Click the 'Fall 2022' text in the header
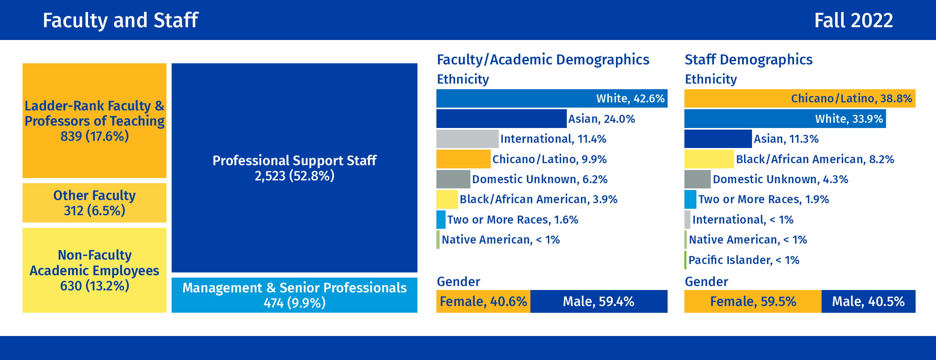[853, 20]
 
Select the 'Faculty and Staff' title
[120, 20]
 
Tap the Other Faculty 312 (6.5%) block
[94, 203]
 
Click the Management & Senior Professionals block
[294, 295]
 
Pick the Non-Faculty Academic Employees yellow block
[94, 270]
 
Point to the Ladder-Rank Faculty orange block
[94, 120]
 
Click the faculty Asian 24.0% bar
[501, 119]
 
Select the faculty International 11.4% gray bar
[467, 139]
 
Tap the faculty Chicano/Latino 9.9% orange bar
[463, 159]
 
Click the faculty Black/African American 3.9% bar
[447, 199]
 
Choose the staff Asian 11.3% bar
[718, 139]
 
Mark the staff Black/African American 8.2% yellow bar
[709, 159]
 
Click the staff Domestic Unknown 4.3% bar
[697, 179]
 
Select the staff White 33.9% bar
[785, 119]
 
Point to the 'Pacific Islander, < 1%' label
[744, 260]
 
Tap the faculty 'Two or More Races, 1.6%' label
[512, 220]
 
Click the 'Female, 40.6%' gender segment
[483, 301]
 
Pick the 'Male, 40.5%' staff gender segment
[868, 301]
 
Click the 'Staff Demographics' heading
[748, 60]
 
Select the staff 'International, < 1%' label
[742, 220]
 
